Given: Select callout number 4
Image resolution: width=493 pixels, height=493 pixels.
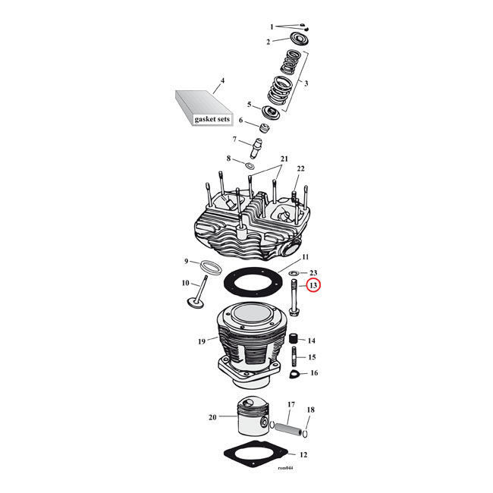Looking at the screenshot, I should (222, 80).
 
